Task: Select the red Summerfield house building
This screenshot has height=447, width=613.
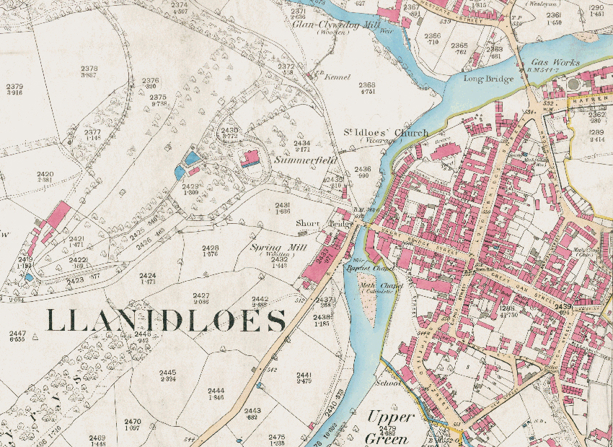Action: point(251,158)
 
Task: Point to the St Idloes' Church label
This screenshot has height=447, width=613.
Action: point(385,133)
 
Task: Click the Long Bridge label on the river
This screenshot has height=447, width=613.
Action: point(488,79)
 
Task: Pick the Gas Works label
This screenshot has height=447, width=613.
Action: point(555,63)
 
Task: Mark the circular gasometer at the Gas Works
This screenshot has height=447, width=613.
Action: point(574,84)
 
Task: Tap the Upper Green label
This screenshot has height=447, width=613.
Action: point(390,427)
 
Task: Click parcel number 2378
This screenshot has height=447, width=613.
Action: point(89,69)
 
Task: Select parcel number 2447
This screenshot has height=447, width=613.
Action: point(17,334)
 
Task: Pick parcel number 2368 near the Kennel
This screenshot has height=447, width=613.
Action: point(367,84)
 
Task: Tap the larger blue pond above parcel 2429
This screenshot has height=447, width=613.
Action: point(192,157)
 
